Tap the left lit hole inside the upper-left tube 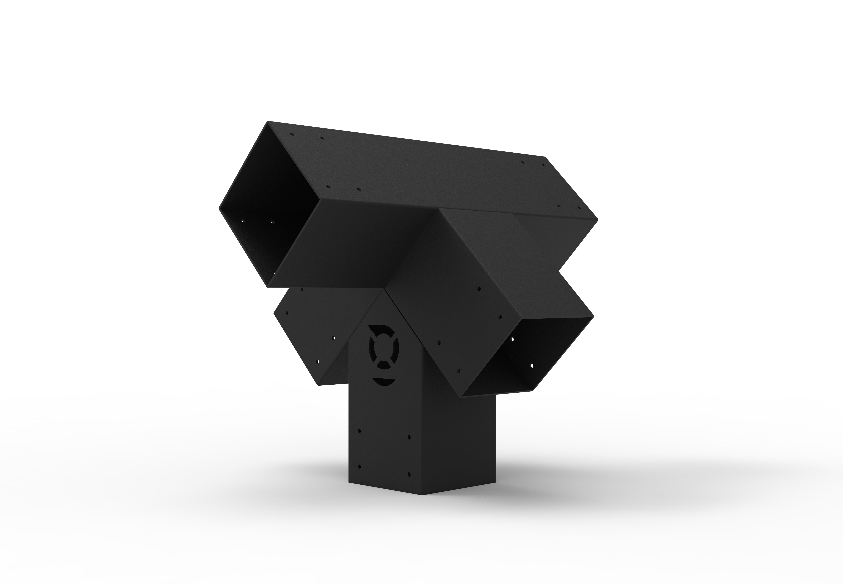[242, 221]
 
